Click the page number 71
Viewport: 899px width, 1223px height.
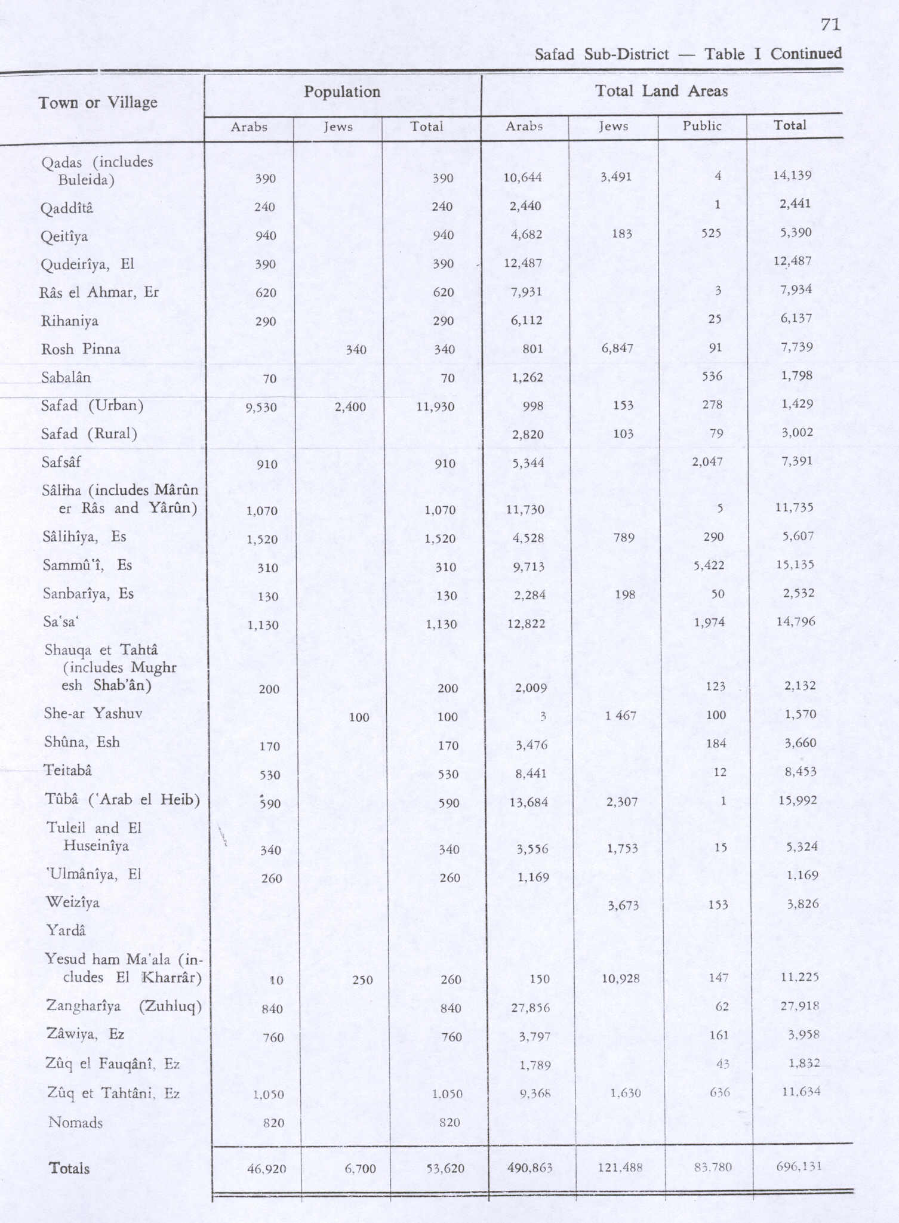coord(830,24)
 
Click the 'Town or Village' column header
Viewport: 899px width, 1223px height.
coord(98,103)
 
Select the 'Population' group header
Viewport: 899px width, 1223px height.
coord(342,92)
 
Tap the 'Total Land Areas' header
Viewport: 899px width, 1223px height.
coord(661,91)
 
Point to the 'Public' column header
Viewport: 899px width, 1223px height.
coord(702,126)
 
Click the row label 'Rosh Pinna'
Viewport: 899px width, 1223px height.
coord(81,349)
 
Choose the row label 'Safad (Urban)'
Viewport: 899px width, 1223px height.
coord(92,406)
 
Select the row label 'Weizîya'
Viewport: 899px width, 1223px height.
coord(73,902)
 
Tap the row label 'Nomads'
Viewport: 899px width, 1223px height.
coord(75,1123)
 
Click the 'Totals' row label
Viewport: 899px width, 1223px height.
coord(69,1168)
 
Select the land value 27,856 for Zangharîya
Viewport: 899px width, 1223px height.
coord(531,1008)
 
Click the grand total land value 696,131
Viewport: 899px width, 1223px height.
coord(799,1166)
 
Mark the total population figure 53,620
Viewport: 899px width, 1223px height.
coord(445,1168)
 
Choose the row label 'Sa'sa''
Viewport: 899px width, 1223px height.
coord(60,622)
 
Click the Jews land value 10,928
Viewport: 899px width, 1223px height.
coord(621,978)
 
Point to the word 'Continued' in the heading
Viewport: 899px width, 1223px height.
coord(806,54)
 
